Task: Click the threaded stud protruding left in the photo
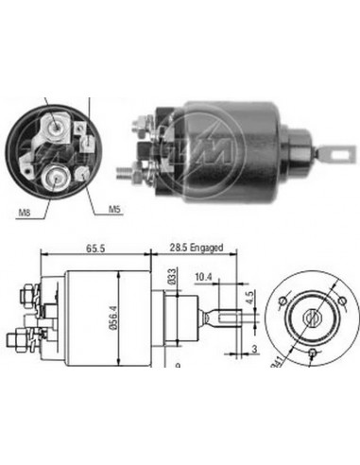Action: click(125, 174)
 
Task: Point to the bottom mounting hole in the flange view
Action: click(314, 353)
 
